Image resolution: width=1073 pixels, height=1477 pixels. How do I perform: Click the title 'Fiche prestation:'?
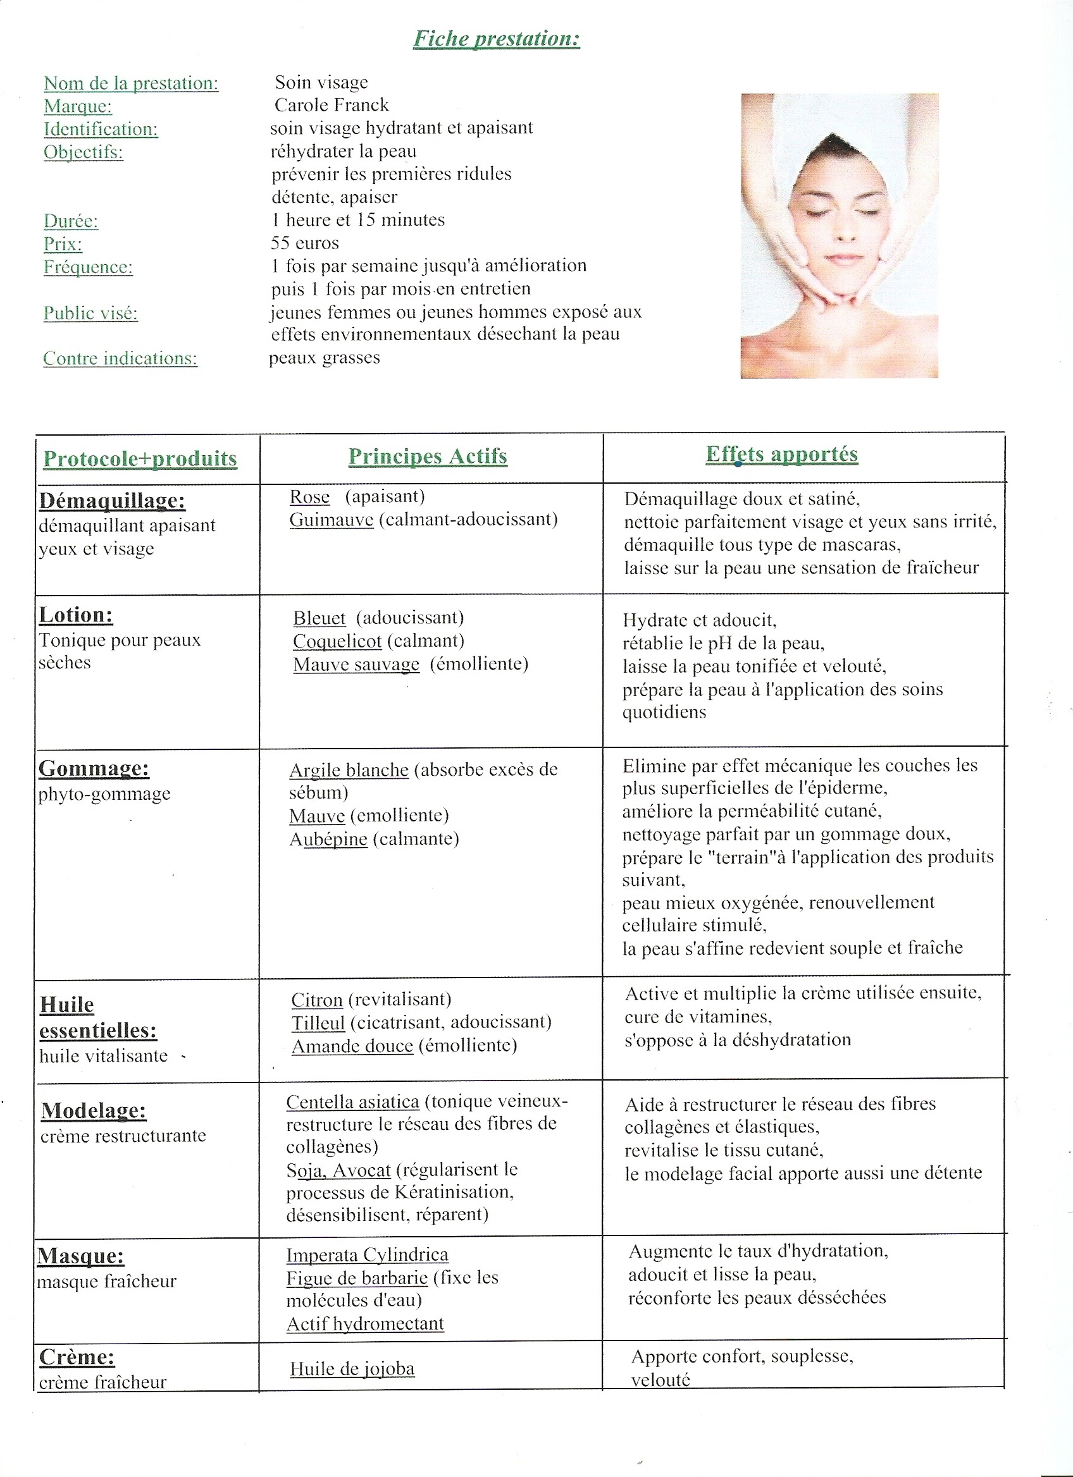click(x=497, y=39)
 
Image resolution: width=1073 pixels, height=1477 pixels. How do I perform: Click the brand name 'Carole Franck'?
click(x=331, y=105)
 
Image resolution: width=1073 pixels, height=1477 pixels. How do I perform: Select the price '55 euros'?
click(x=305, y=243)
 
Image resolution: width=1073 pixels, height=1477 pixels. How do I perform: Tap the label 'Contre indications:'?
click(x=120, y=358)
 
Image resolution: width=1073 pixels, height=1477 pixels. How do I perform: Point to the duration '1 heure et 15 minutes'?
click(x=357, y=219)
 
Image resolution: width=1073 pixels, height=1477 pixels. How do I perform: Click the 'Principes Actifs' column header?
click(x=428, y=456)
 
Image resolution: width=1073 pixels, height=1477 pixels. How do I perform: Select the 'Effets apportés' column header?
click(x=782, y=454)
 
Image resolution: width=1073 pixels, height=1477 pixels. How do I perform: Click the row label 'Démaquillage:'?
click(x=112, y=500)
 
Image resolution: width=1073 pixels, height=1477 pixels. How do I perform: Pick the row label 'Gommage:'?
click(x=94, y=768)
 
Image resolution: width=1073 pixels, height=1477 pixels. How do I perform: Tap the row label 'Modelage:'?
click(x=94, y=1110)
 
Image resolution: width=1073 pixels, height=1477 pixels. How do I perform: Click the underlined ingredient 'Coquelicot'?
click(x=337, y=641)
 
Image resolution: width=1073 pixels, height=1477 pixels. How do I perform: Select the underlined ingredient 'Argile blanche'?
click(x=349, y=769)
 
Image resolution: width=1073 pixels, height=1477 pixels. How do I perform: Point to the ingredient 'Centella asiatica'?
click(x=352, y=1101)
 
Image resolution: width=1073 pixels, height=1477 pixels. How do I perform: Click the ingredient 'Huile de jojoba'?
click(x=352, y=1368)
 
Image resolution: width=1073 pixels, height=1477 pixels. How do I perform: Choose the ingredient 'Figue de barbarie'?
click(x=357, y=1277)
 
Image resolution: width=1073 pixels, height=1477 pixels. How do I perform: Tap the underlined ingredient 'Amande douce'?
click(x=352, y=1046)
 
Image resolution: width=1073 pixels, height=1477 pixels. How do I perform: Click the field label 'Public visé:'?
click(x=90, y=313)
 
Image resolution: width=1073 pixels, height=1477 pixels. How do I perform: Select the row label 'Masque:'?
click(x=81, y=1256)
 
